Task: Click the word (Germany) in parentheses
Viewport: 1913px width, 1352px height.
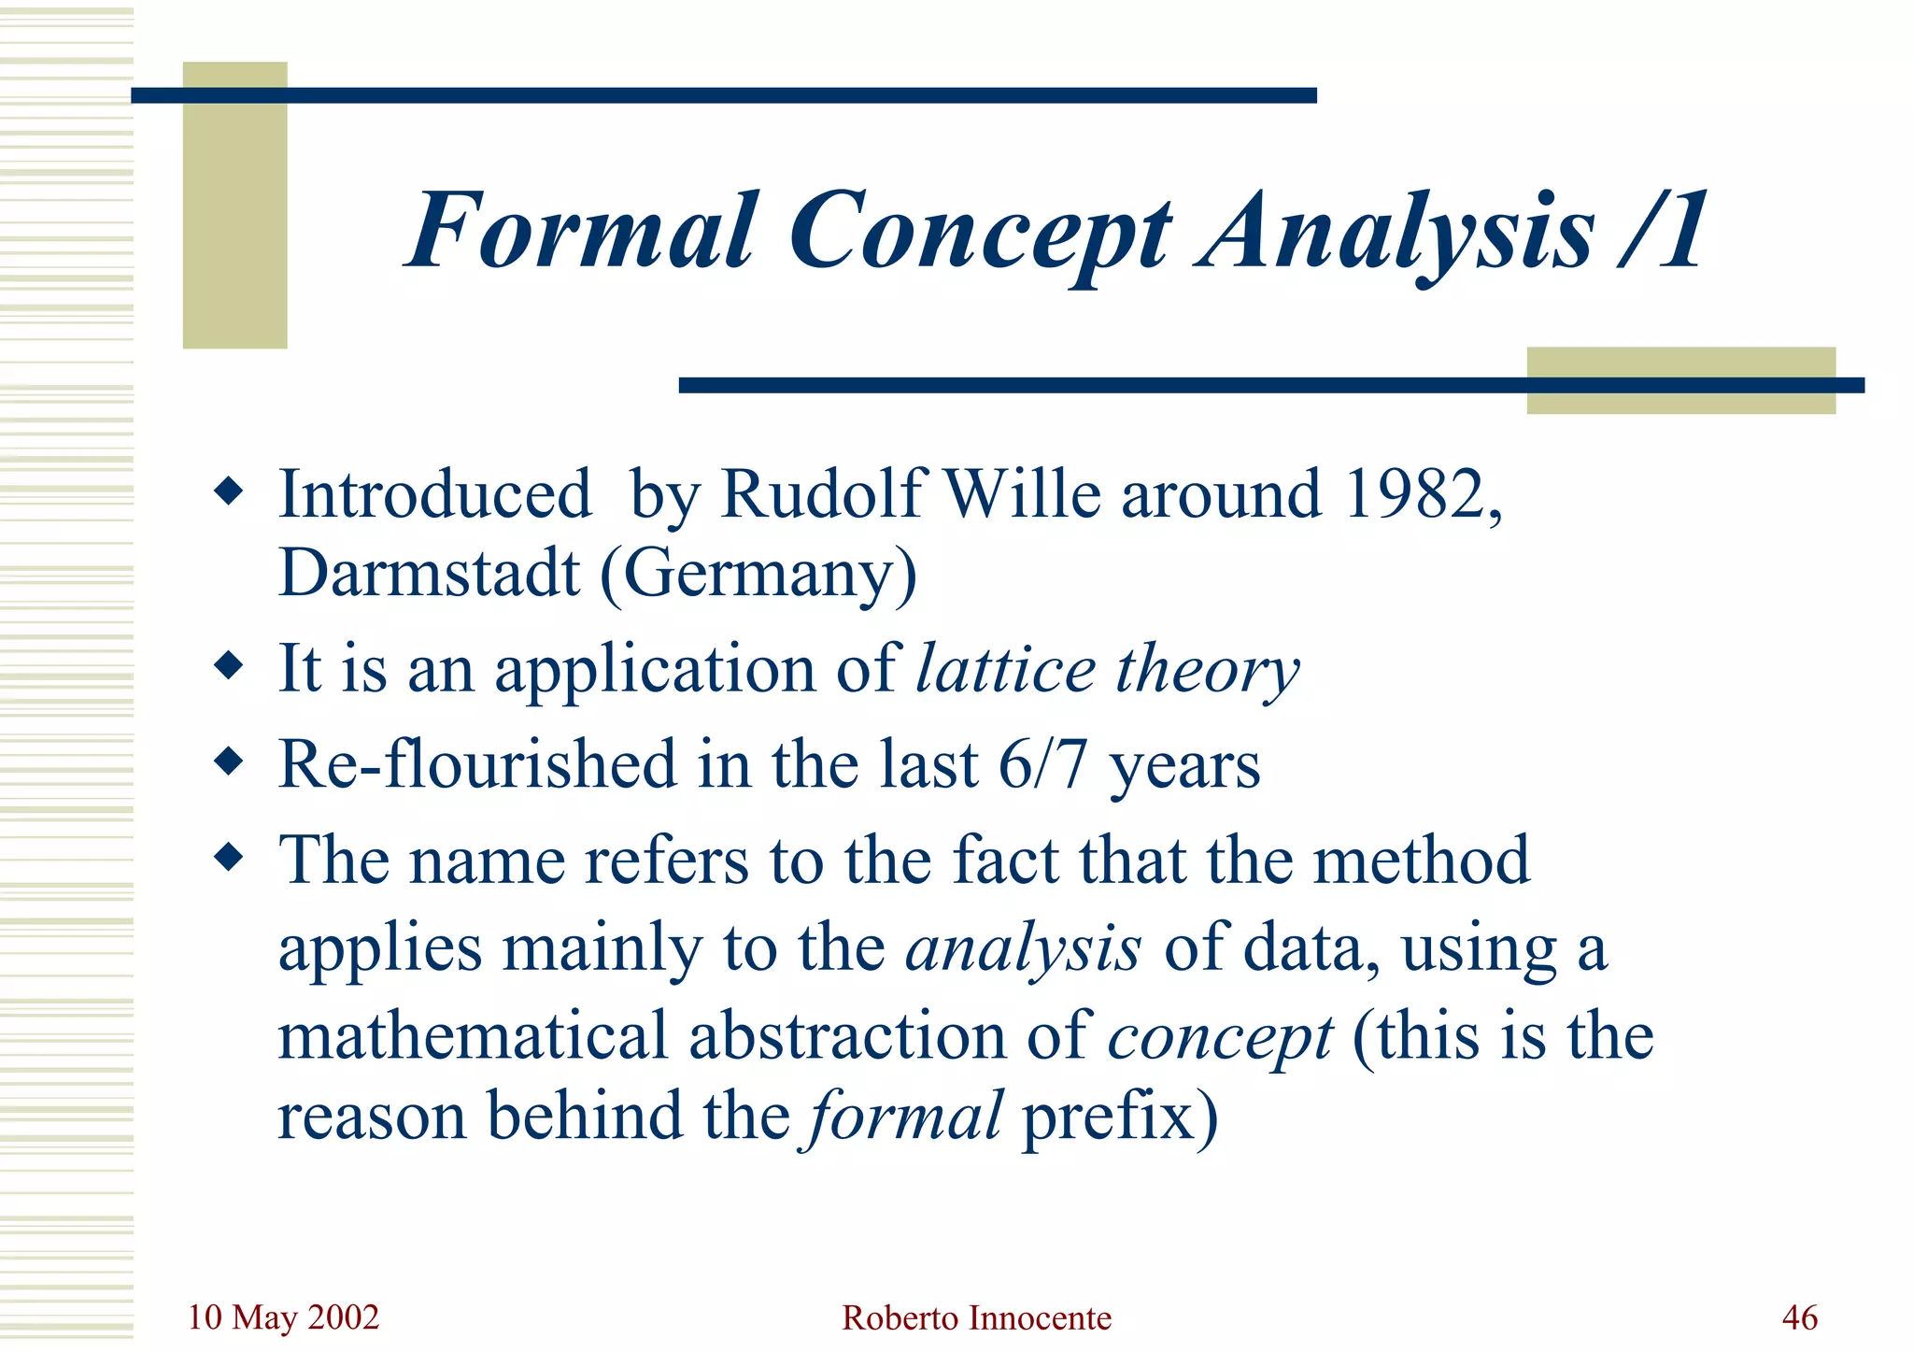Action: coord(758,574)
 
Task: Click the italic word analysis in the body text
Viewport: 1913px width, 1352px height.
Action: coord(1023,949)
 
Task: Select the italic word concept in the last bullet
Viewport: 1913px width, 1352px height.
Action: coord(1220,1037)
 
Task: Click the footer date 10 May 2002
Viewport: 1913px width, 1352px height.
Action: coord(283,1317)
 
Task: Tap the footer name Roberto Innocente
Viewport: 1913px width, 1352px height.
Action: coord(976,1318)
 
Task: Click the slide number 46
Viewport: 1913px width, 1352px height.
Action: coord(1799,1317)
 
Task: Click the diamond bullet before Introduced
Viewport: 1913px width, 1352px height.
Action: coord(228,491)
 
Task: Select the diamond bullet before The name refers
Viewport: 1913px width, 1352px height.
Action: coord(228,856)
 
